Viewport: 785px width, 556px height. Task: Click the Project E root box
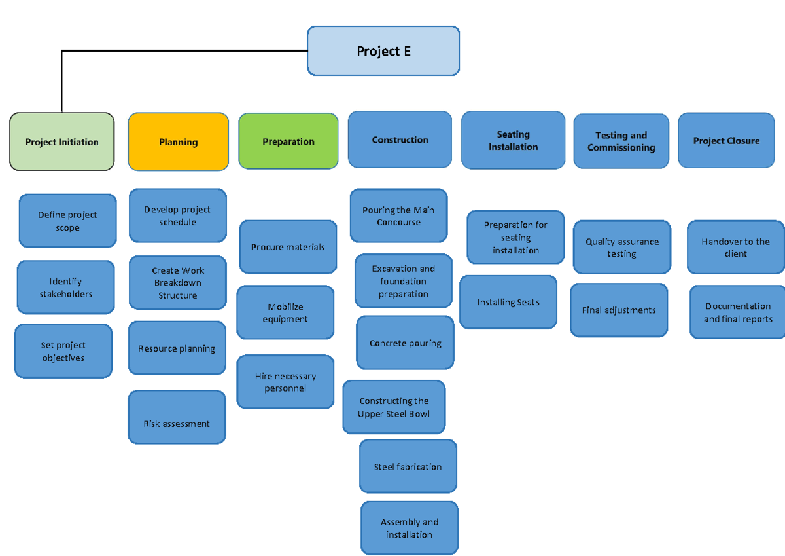(x=383, y=51)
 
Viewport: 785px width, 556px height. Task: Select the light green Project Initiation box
(x=62, y=142)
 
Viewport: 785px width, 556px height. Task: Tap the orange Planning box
(x=178, y=142)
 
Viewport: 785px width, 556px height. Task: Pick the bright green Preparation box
(x=288, y=141)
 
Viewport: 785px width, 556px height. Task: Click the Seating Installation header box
(x=513, y=140)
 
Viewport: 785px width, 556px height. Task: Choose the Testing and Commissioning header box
(x=621, y=141)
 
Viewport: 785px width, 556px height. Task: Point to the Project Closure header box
(x=726, y=140)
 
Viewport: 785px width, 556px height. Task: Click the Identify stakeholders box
(x=65, y=287)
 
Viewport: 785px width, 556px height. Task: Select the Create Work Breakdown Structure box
(x=178, y=283)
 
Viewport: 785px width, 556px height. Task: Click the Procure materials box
(x=288, y=247)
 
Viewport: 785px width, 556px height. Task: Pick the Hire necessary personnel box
(x=285, y=382)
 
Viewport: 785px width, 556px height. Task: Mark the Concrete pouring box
(x=405, y=343)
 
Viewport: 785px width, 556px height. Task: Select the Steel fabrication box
(x=408, y=466)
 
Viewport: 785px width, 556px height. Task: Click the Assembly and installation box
(x=409, y=528)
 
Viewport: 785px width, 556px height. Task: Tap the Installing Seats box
(x=508, y=302)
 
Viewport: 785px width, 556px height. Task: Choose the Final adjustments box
(x=619, y=310)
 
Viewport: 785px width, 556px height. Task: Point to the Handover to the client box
(x=735, y=247)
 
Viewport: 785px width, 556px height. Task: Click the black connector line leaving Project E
(x=183, y=50)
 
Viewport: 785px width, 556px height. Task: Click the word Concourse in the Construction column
(x=398, y=222)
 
